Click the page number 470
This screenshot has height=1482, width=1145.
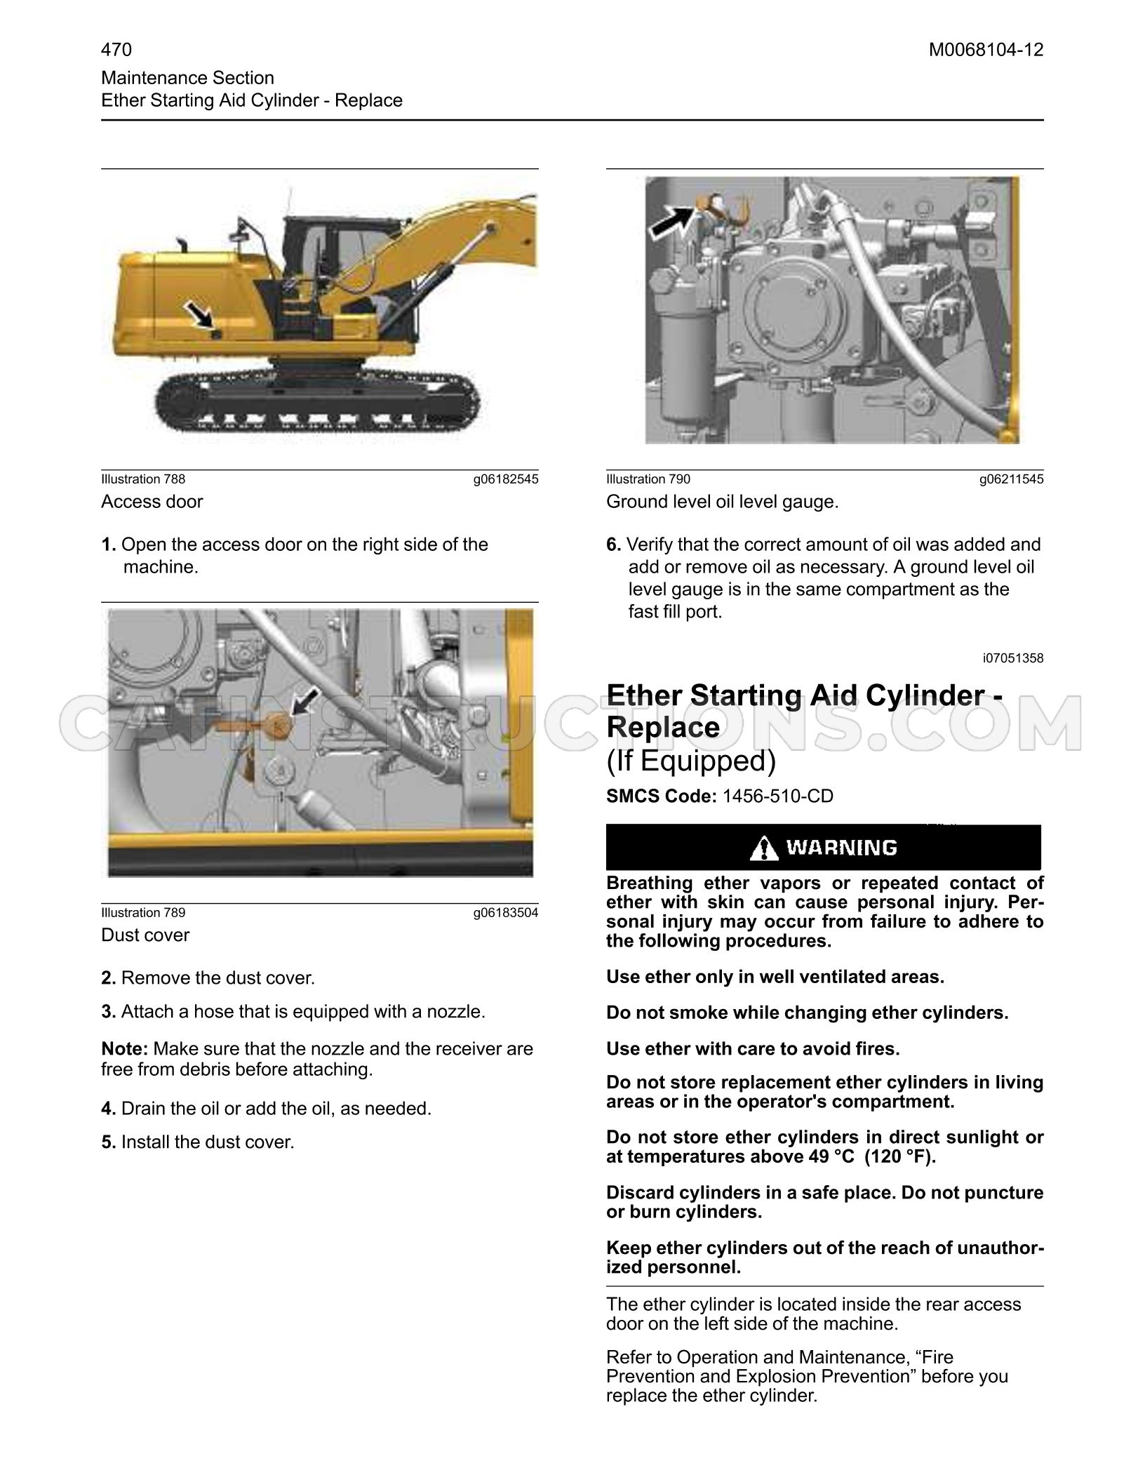116,50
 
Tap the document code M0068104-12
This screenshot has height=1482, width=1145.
986,50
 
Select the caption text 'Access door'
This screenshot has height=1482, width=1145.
152,502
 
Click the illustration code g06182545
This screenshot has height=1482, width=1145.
506,479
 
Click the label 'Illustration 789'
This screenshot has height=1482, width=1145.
143,913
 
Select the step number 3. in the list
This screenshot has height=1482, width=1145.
109,1012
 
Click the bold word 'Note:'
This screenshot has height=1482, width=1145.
125,1049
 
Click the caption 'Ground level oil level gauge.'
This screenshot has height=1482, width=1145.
723,502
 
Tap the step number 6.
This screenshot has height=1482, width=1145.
614,545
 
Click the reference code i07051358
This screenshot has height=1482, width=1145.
1013,658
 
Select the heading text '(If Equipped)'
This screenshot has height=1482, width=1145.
691,761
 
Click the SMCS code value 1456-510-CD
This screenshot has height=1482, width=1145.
778,796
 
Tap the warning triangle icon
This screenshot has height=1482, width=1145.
763,849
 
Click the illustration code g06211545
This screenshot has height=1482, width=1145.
1012,479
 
